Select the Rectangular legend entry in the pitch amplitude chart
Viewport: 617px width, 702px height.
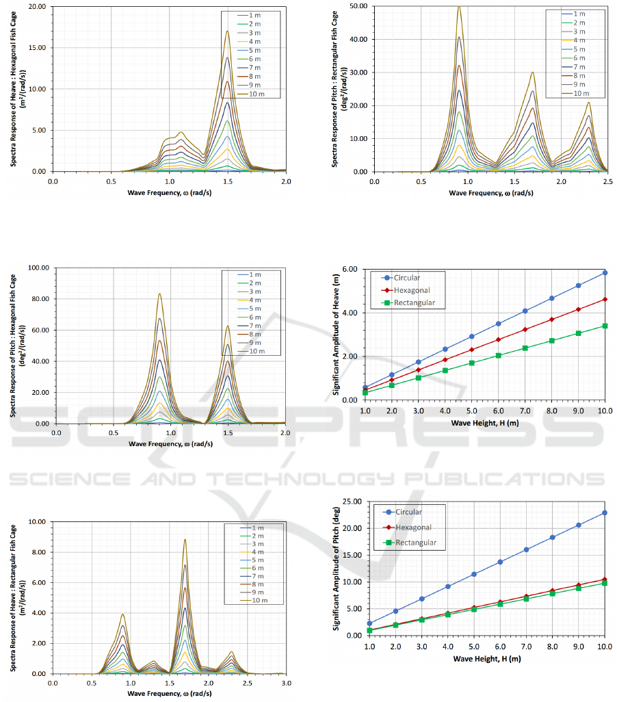tap(412, 543)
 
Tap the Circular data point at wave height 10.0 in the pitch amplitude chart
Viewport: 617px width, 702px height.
tap(605, 512)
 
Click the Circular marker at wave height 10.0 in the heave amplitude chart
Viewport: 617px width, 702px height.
tap(605, 272)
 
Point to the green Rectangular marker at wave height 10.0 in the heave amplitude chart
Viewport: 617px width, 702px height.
tap(605, 326)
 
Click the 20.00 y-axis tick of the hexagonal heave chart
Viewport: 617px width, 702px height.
tap(37, 7)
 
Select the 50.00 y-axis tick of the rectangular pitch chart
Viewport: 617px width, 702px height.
tap(358, 6)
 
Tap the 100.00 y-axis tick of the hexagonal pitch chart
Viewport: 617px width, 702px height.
tap(36, 268)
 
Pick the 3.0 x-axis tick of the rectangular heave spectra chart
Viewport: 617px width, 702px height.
tap(286, 683)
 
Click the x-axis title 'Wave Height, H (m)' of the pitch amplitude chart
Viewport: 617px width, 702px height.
tap(487, 658)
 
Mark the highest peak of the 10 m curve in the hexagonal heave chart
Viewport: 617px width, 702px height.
tap(227, 31)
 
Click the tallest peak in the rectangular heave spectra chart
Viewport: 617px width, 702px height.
tap(185, 539)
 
